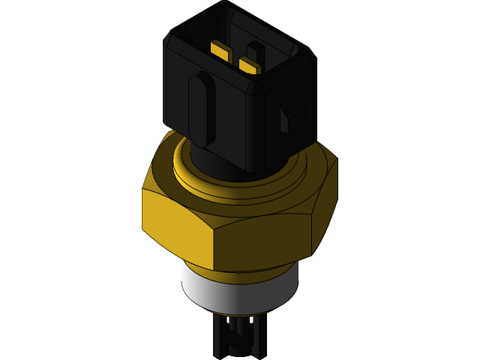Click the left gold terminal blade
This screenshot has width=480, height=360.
click(x=220, y=50)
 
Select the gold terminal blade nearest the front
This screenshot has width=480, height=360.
click(x=249, y=65)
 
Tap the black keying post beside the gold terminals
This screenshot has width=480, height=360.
click(x=256, y=52)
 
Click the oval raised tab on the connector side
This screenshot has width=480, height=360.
click(x=200, y=108)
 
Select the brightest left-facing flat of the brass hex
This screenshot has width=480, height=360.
click(x=176, y=217)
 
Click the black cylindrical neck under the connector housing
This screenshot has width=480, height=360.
click(x=217, y=162)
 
